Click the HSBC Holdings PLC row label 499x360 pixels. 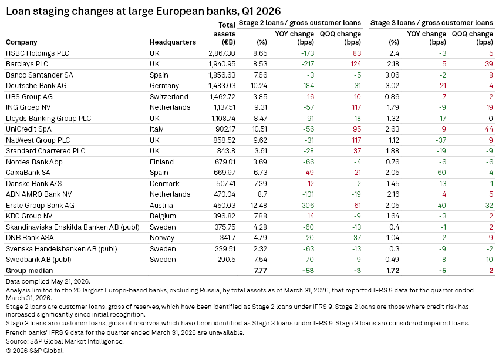38,53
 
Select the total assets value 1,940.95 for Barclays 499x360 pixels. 222,64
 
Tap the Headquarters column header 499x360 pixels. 173,42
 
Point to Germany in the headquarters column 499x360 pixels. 164,86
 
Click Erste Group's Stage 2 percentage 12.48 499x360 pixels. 259,206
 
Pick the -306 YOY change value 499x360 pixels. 306,206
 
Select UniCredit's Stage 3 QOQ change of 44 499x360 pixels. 489,129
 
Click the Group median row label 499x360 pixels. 29,271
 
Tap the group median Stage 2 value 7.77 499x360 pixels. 260,271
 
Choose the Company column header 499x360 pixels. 21,42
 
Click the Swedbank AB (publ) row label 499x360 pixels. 39,260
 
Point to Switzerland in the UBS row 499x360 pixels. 169,97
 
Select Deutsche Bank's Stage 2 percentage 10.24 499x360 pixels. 259,86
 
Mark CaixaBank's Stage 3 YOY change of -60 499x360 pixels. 440,173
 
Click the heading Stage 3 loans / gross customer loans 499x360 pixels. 431,23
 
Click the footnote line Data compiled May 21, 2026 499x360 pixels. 48,281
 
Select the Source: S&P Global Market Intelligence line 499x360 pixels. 65,342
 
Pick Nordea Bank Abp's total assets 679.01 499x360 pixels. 225,162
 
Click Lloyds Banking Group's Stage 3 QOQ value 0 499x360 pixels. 491,119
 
